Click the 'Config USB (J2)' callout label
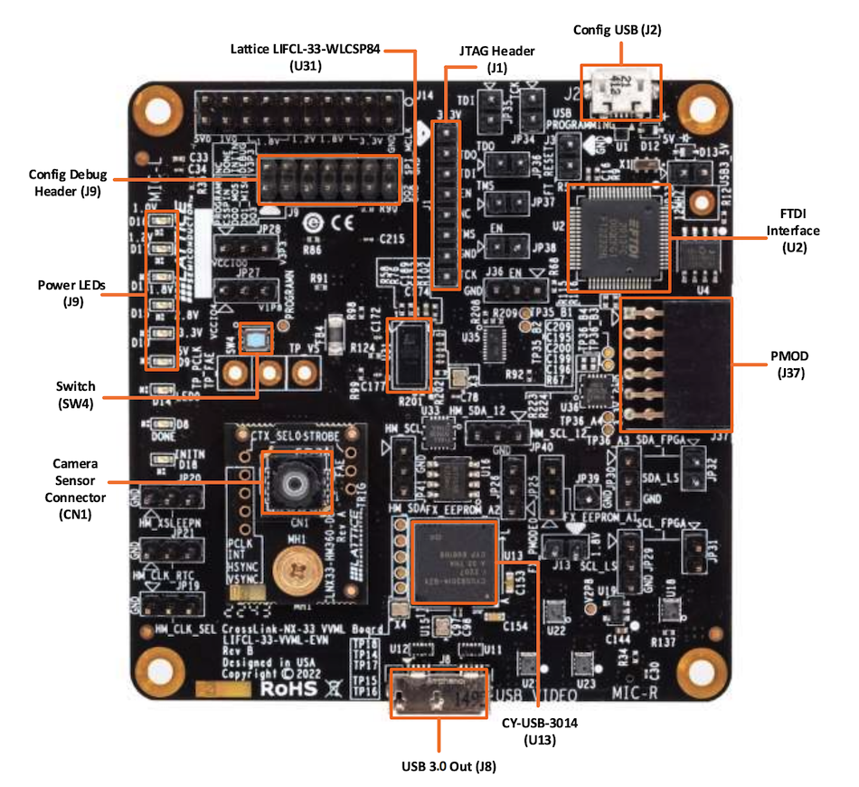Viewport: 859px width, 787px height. pos(618,30)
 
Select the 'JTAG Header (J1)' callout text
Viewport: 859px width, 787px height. pos(497,59)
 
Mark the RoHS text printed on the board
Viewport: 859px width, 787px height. pos(291,689)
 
